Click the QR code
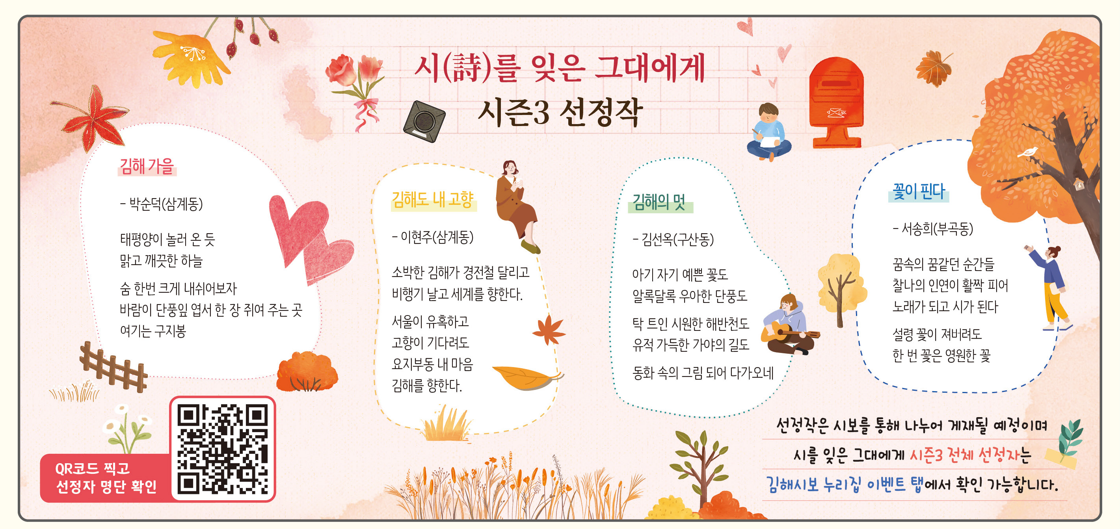(222, 449)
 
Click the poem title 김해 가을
(147, 166)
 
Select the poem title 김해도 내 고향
(433, 200)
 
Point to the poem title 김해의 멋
(659, 202)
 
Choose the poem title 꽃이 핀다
(919, 192)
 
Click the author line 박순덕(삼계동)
(161, 203)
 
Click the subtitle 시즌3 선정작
(560, 112)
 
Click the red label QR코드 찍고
(93, 469)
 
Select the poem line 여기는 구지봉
(153, 331)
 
